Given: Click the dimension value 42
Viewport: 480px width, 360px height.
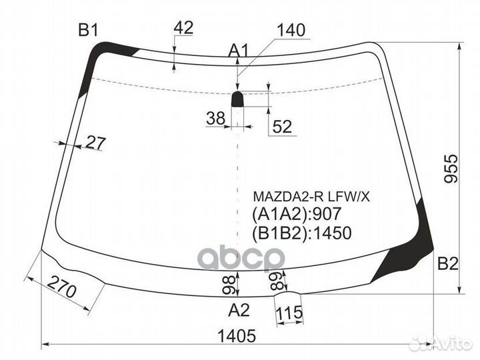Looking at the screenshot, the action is [x=183, y=27].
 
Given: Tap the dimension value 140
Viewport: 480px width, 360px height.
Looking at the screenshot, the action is [x=291, y=30].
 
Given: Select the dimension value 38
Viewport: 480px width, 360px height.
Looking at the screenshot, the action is [x=216, y=118].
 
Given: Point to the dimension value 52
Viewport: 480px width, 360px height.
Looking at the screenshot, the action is [x=282, y=126].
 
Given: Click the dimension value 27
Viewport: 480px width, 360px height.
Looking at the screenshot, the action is [x=95, y=143].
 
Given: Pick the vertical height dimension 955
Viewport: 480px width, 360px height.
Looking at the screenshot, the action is [x=451, y=169].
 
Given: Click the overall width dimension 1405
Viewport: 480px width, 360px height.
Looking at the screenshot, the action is [x=236, y=336].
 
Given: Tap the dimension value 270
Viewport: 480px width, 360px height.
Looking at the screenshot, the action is [x=63, y=287].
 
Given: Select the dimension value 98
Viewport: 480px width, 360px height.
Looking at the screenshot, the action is [x=229, y=285].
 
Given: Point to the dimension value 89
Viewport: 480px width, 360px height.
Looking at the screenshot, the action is [x=277, y=280].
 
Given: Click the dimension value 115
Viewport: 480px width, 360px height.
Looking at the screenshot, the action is [x=289, y=313].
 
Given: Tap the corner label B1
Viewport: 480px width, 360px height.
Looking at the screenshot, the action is [x=88, y=30].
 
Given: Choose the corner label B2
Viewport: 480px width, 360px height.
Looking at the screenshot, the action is [x=448, y=264].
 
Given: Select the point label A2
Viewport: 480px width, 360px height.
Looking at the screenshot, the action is [x=239, y=309].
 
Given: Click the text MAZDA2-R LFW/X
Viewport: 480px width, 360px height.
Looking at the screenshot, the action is [x=311, y=197].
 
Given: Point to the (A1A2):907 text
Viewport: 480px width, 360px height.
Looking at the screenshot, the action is [x=296, y=214].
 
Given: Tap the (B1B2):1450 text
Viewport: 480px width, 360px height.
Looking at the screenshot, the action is [x=302, y=233].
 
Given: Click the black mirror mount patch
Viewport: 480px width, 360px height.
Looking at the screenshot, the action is [x=237, y=99].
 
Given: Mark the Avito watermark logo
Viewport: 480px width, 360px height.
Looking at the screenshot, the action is [x=441, y=343].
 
